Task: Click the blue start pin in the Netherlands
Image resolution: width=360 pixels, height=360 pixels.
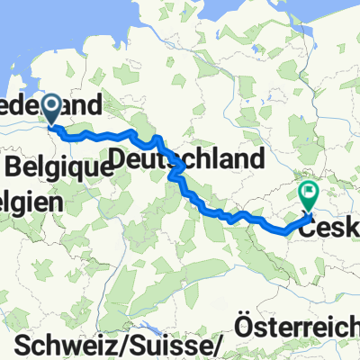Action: (51, 110)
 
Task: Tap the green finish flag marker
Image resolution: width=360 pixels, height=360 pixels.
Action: (309, 193)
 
